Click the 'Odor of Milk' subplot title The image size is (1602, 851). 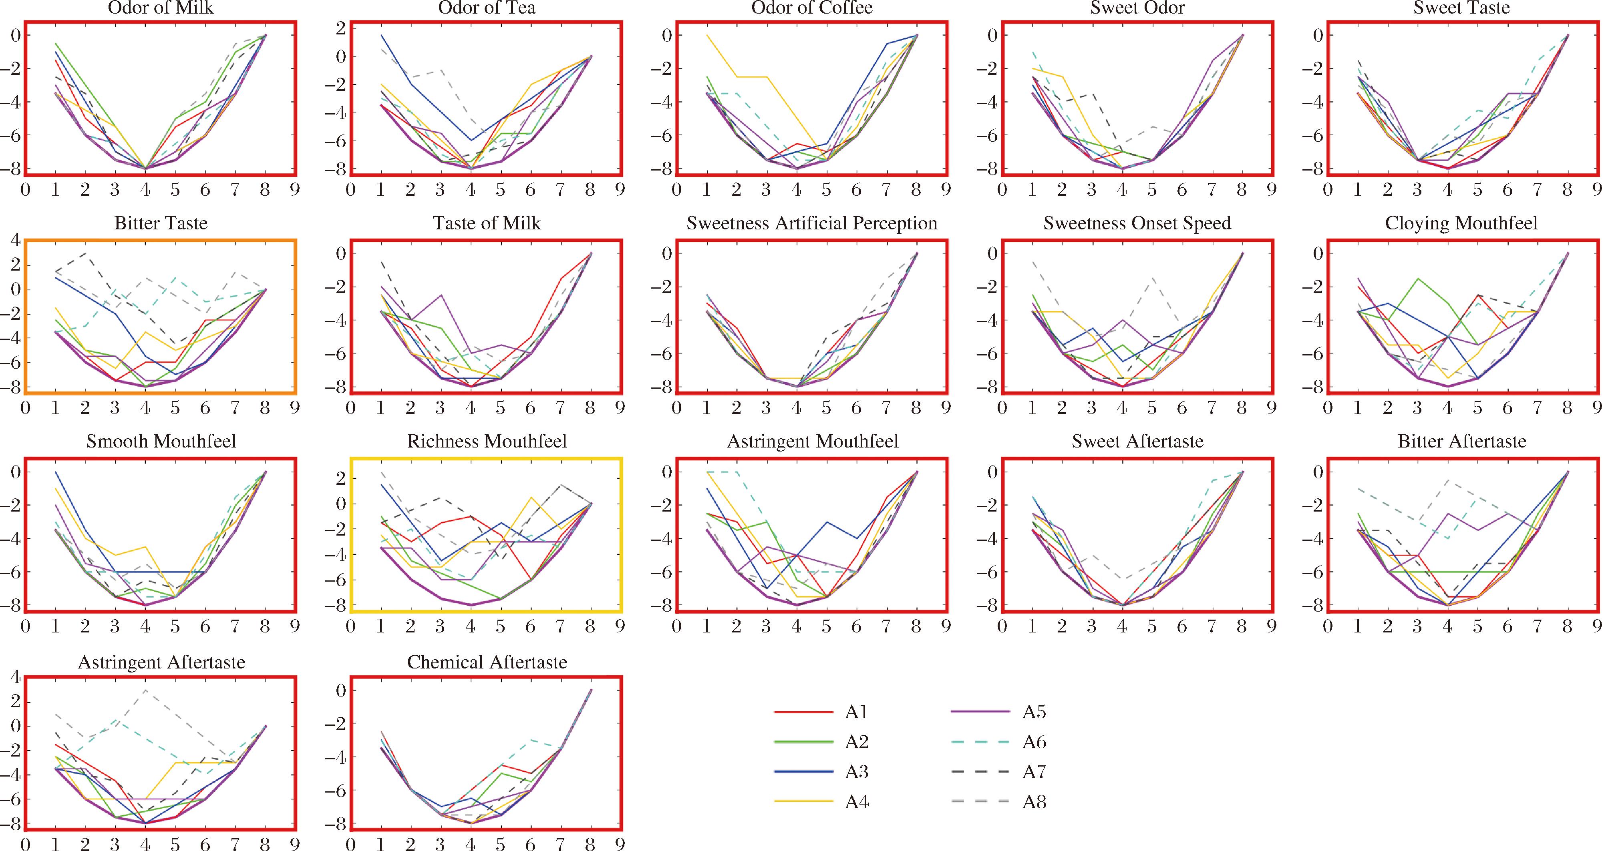[x=161, y=8]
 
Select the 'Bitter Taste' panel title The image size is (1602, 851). [x=161, y=223]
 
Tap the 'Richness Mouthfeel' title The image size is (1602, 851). [x=487, y=442]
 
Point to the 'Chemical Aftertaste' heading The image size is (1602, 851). [x=487, y=662]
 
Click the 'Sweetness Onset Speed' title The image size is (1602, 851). [x=1137, y=223]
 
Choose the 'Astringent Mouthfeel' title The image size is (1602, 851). [x=812, y=442]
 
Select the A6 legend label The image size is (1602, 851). [x=1034, y=742]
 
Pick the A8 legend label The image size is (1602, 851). [x=1034, y=802]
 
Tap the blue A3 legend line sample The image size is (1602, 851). [x=803, y=772]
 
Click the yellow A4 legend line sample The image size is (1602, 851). [x=803, y=802]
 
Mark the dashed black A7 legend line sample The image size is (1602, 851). [x=980, y=772]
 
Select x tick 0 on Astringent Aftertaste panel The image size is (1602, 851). [x=26, y=844]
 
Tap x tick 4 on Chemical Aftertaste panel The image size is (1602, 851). [x=471, y=844]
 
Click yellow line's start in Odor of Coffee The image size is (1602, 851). [x=706, y=36]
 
